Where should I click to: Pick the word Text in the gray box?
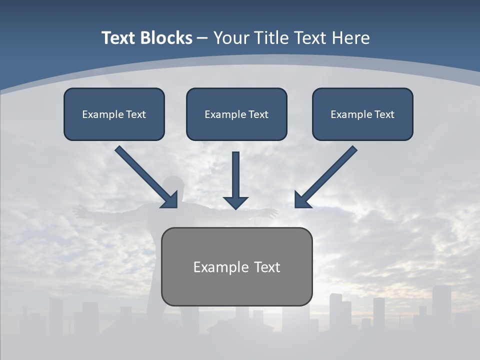267,267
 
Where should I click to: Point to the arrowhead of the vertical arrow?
235,202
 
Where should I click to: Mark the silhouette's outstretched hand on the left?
78,211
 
